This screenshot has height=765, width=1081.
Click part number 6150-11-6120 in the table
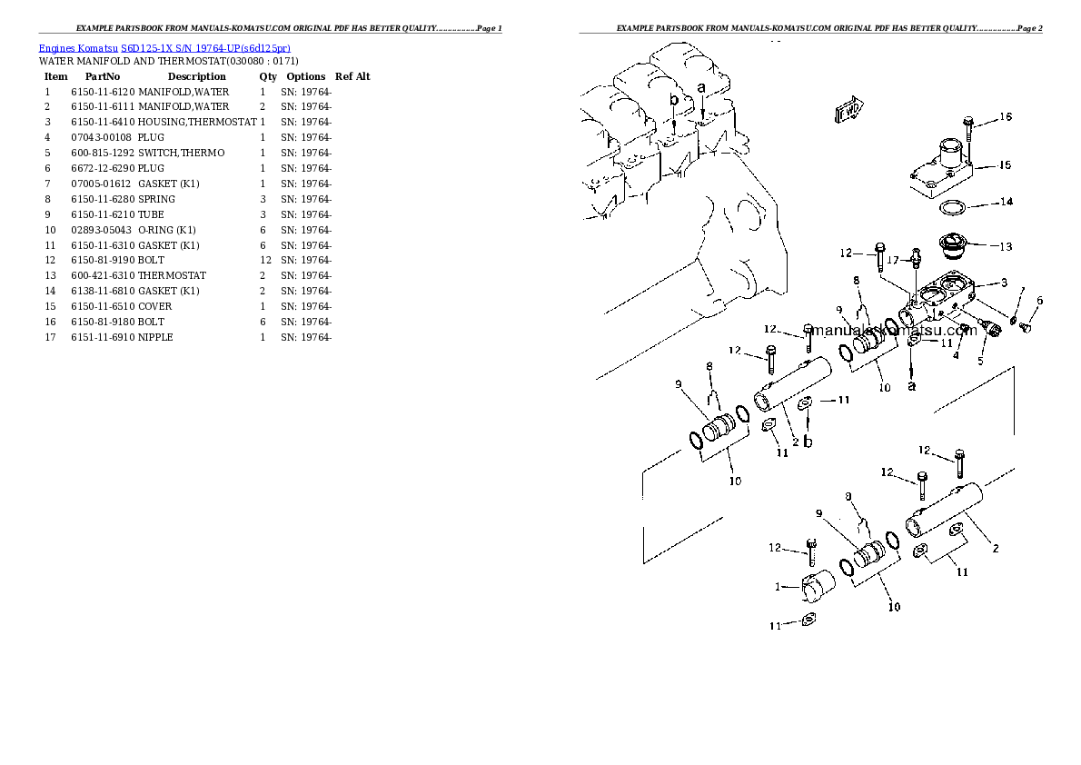[103, 92]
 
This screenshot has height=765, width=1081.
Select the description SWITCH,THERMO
[181, 153]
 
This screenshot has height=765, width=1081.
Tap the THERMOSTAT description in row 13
[172, 275]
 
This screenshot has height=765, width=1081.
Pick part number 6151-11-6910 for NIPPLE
[103, 337]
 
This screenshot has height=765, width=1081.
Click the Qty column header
[268, 76]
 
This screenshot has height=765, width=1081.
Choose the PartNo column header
[103, 76]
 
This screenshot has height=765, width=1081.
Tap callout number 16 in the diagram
[1005, 116]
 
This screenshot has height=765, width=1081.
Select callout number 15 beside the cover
[1005, 164]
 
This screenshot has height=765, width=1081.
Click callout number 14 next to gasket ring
[1006, 202]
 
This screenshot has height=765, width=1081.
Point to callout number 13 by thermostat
[1005, 246]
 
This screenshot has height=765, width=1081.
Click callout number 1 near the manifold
[779, 587]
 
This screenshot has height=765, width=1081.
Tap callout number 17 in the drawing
[892, 259]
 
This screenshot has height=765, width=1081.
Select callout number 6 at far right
[1039, 301]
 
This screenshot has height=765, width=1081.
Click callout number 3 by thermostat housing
[1005, 283]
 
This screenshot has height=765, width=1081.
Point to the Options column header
[305, 76]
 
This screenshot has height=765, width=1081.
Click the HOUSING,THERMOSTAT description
[197, 122]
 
